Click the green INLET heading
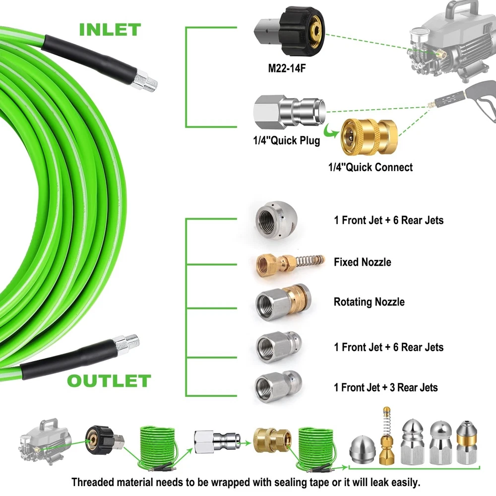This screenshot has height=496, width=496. coord(110,29)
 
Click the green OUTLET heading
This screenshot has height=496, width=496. coord(109,381)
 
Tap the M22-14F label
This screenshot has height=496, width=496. coord(287,68)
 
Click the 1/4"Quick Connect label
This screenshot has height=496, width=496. coord(370,167)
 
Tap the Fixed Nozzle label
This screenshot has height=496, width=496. coord(362,262)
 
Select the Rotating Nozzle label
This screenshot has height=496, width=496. coord(369,302)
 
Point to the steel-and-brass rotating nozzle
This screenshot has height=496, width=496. coord(281,301)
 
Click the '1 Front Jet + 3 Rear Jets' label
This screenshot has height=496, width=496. coord(386,387)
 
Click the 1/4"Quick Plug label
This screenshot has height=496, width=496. coord(286,140)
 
